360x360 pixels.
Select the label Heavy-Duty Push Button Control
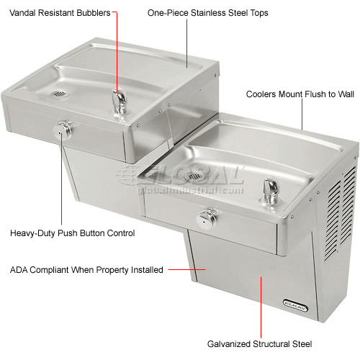[72, 233]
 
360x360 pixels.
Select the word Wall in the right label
[342, 94]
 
